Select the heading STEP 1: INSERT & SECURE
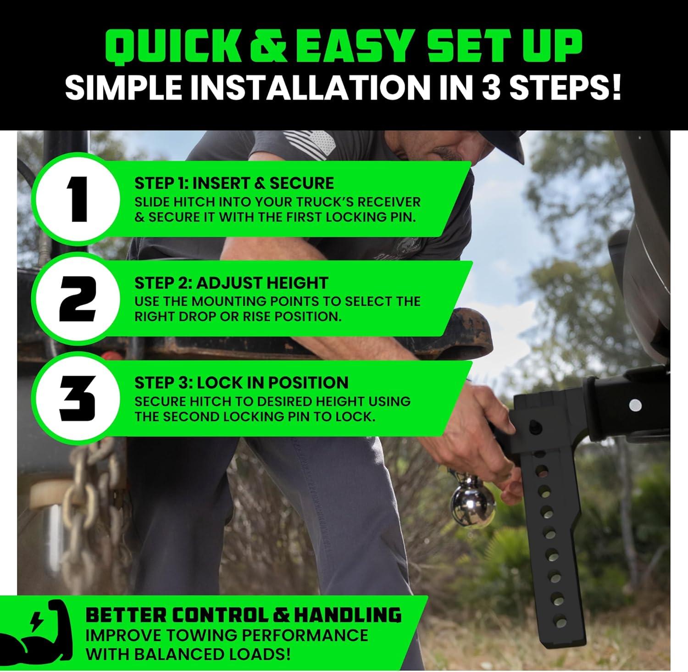(x=234, y=183)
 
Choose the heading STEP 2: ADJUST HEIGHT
(x=231, y=283)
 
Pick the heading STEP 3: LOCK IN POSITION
(x=241, y=383)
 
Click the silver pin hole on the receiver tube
(x=635, y=405)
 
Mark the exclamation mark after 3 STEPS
(x=615, y=86)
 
